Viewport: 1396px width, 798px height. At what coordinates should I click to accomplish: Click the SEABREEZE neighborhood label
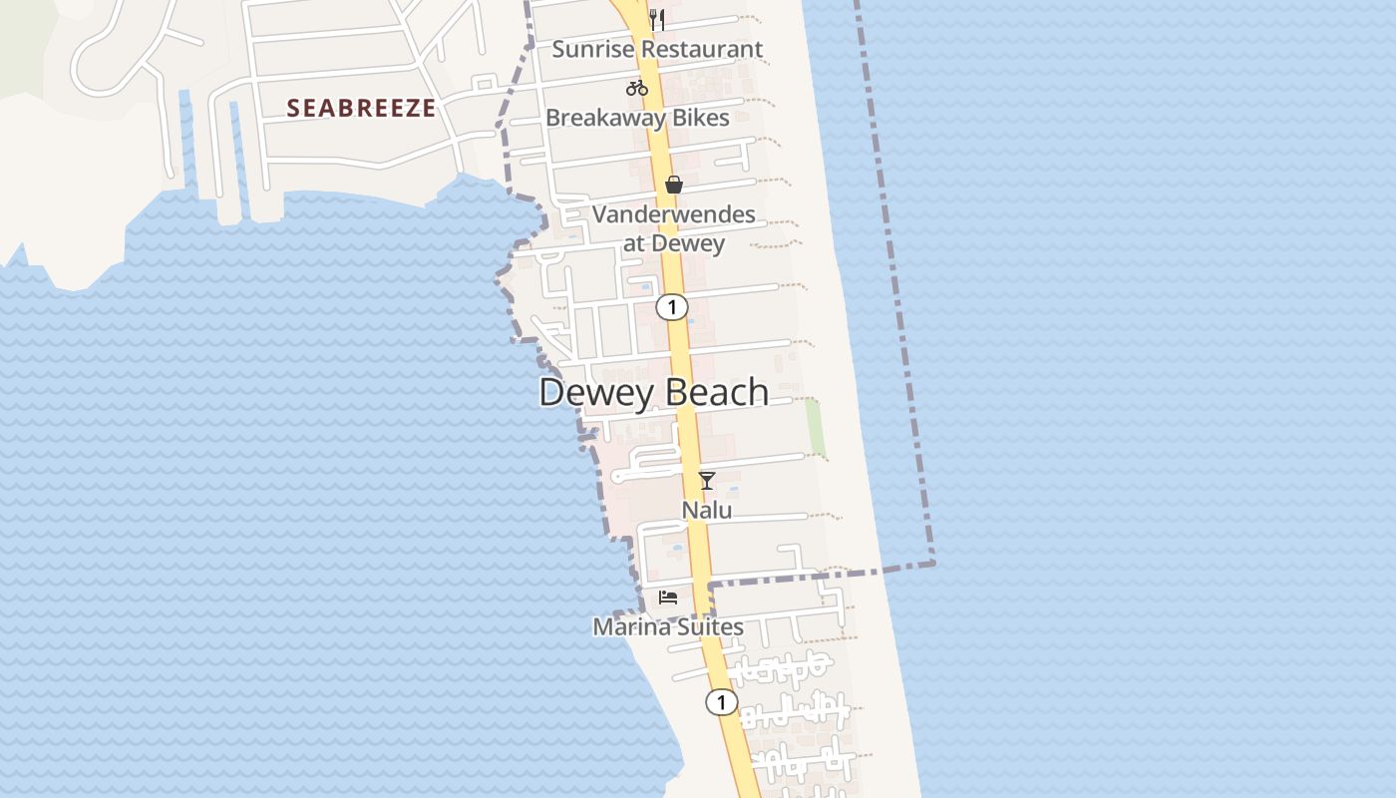tap(361, 108)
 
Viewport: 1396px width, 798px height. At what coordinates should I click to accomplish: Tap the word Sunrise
tap(595, 49)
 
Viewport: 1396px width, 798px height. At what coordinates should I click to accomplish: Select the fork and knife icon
tap(656, 19)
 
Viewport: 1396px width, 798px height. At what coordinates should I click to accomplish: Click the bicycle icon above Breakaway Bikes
tap(637, 88)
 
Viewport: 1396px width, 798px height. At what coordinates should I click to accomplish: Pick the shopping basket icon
tap(674, 185)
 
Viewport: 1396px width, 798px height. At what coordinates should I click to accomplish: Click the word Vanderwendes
tap(674, 214)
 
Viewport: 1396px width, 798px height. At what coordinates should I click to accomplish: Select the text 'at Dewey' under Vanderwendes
tap(674, 242)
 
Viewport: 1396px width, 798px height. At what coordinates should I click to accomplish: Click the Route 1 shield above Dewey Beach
tap(672, 307)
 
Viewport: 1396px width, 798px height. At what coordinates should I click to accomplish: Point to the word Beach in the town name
tap(717, 392)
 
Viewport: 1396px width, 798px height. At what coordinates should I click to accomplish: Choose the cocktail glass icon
tap(707, 481)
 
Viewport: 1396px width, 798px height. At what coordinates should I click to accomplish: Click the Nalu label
tap(707, 510)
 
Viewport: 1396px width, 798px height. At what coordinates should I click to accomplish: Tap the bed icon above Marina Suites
tap(668, 598)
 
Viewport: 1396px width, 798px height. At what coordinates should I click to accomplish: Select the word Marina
tap(630, 627)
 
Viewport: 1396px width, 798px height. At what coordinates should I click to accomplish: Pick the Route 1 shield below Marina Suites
tap(721, 702)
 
